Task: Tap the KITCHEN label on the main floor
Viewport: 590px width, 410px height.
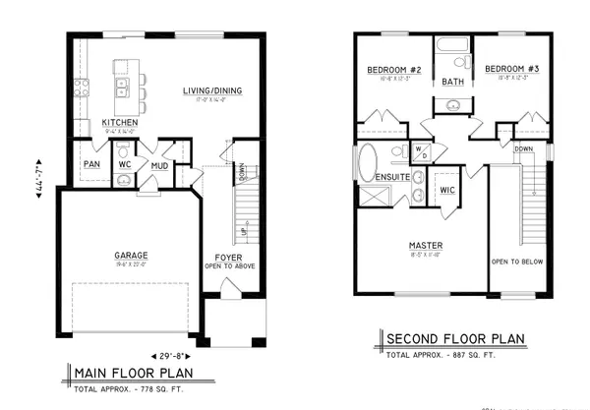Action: coord(119,123)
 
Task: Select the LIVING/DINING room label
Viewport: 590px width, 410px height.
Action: coord(211,91)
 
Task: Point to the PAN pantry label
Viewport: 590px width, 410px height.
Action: coord(92,163)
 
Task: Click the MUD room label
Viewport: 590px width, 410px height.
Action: coord(159,166)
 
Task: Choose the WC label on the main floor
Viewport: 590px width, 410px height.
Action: coord(124,164)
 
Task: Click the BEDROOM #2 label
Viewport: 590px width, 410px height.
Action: coord(393,70)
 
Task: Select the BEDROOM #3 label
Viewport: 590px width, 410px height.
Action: coord(509,70)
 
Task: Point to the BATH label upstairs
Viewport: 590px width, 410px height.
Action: coord(452,82)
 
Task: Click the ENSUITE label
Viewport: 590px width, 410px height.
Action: coord(391,177)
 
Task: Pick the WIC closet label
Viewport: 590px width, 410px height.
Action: coord(446,189)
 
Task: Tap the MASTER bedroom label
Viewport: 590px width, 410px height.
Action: coord(426,245)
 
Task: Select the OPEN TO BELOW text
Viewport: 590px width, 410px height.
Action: coord(517,262)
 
